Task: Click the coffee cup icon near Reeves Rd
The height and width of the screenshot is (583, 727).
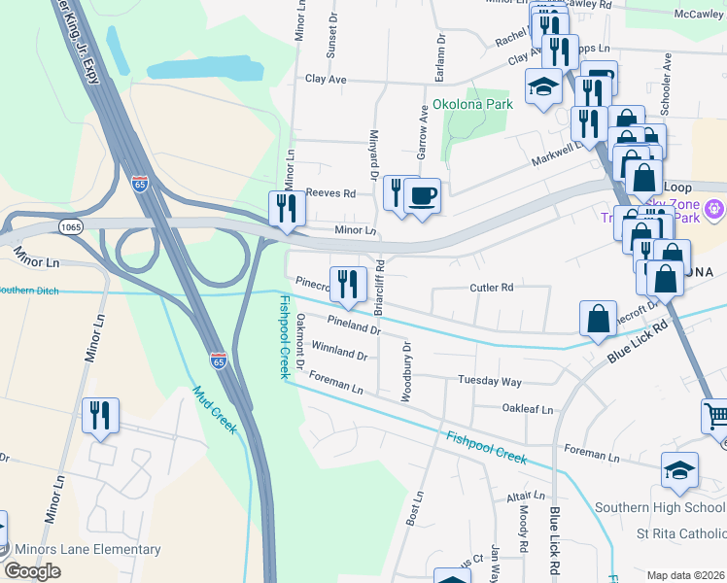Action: [422, 196]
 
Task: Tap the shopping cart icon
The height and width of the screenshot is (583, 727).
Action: [716, 416]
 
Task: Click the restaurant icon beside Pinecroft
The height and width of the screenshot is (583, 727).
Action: [348, 284]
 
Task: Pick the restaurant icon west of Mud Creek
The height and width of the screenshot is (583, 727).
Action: [100, 416]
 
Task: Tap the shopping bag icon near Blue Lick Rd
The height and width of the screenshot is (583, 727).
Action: [598, 319]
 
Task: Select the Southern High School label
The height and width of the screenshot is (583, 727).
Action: [660, 507]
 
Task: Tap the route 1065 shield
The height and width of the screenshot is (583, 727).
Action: [69, 226]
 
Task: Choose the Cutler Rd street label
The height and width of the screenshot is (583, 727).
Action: [491, 288]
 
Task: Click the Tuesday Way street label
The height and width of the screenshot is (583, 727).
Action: [490, 380]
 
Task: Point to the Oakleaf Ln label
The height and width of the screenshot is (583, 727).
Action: [527, 409]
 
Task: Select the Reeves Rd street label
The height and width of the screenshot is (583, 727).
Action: [330, 193]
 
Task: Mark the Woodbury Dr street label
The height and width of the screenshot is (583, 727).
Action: [406, 371]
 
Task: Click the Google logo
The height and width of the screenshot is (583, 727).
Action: [32, 571]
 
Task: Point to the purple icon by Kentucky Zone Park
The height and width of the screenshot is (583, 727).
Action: [715, 208]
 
